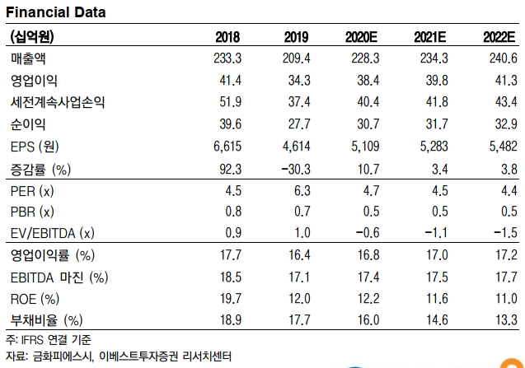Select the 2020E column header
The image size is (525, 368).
pos(363,37)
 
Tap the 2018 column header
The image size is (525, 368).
pos(227,37)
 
